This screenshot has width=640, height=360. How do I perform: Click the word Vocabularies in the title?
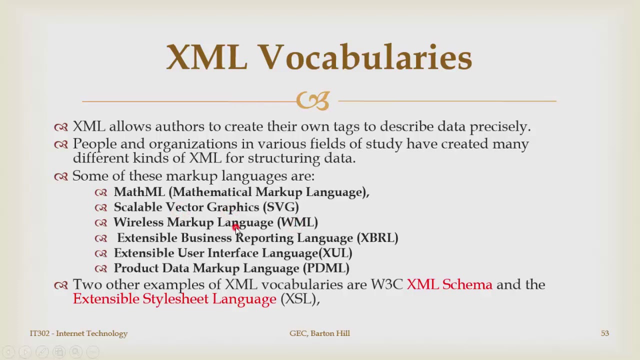click(x=365, y=57)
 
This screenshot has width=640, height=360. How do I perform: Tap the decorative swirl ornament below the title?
click(x=313, y=100)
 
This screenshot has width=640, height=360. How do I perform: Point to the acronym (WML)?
click(x=297, y=222)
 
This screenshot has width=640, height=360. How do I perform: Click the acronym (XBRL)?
click(x=377, y=237)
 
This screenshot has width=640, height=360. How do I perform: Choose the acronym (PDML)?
click(x=326, y=268)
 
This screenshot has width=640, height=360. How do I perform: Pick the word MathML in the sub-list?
click(x=139, y=192)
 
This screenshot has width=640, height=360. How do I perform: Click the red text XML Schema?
click(x=449, y=284)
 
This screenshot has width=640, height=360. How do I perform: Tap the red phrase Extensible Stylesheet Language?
click(x=174, y=299)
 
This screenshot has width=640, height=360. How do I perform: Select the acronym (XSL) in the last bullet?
click(x=299, y=299)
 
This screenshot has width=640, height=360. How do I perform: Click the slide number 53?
click(x=605, y=333)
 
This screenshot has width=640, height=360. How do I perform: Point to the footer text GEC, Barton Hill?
click(x=319, y=333)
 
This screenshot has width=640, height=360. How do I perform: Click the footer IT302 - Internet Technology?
click(x=78, y=333)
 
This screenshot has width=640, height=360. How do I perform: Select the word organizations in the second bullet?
click(x=193, y=144)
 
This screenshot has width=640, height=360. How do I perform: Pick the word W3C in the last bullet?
click(x=386, y=284)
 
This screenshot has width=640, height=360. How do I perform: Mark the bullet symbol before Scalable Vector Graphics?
click(x=101, y=207)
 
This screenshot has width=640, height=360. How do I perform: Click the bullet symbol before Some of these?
click(x=61, y=176)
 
